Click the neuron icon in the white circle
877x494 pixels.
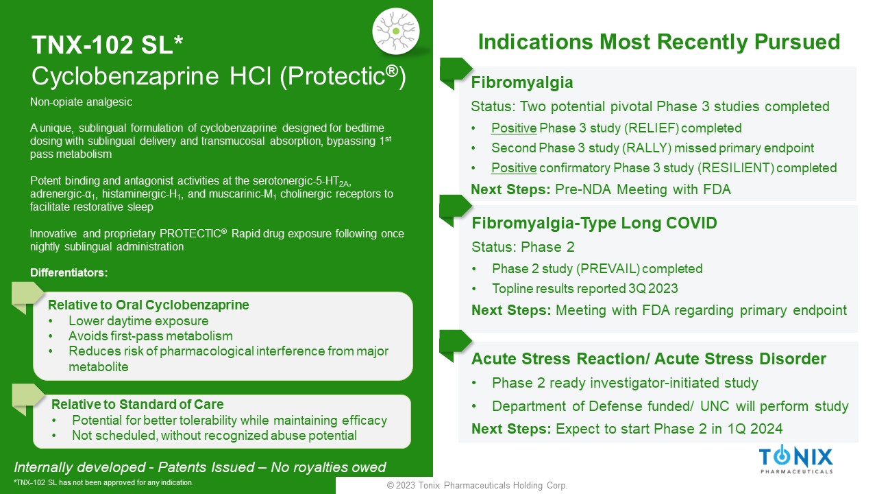(396, 31)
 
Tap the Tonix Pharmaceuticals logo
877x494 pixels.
(796, 459)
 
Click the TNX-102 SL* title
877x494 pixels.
(107, 45)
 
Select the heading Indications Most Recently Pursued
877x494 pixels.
(659, 42)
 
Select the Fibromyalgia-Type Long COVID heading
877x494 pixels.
(594, 223)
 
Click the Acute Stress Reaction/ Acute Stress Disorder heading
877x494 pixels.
(649, 359)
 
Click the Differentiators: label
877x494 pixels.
(69, 272)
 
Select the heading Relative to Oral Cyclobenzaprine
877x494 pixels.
(149, 305)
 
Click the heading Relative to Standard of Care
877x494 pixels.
(138, 404)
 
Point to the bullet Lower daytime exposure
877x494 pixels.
(138, 320)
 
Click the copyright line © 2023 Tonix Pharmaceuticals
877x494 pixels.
(478, 485)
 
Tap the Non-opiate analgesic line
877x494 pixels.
(81, 102)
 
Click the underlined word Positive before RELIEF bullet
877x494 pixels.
(514, 128)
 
